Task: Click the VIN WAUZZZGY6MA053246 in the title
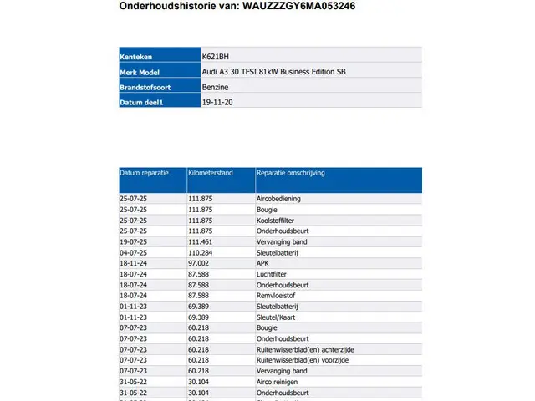[299, 5]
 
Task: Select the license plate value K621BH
[215, 56]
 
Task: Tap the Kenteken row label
[135, 56]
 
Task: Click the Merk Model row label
[140, 72]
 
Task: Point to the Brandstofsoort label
[144, 87]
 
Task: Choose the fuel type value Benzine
[215, 87]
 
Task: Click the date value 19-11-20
[217, 102]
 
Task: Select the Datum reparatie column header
[145, 173]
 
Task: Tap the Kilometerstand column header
[211, 173]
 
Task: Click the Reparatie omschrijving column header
[290, 173]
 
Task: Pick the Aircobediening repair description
[278, 199]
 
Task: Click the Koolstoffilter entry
[276, 221]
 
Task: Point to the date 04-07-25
[133, 252]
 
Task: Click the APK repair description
[262, 263]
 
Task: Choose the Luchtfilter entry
[273, 274]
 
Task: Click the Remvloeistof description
[277, 295]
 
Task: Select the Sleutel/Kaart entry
[277, 317]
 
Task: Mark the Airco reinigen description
[278, 381]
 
